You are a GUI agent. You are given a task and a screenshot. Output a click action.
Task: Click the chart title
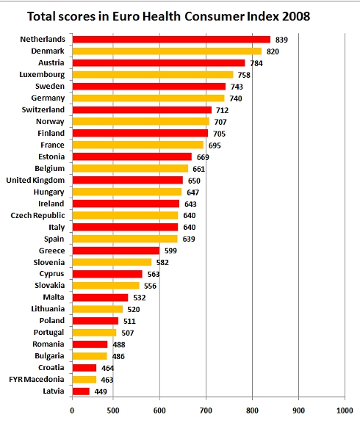[168, 16]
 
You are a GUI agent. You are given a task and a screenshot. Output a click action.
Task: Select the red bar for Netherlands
[171, 40]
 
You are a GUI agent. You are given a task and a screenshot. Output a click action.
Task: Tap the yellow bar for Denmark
[167, 51]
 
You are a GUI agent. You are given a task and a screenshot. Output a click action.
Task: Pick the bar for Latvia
[81, 391]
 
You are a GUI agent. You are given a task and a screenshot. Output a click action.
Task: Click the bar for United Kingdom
[128, 180]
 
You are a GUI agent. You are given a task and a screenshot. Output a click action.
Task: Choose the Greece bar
[116, 250]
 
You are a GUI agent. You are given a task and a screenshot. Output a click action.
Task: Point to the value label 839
[281, 40]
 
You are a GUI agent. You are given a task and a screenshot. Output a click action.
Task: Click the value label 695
[215, 145]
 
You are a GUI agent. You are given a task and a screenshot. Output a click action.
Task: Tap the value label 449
[101, 391]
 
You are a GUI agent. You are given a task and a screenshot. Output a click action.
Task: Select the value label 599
[170, 251]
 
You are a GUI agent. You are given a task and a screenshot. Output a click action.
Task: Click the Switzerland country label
[43, 110]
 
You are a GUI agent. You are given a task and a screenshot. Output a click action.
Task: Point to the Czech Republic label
[37, 216]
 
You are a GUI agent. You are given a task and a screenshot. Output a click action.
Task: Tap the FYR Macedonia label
[37, 379]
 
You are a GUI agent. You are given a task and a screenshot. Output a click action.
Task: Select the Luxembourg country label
[42, 75]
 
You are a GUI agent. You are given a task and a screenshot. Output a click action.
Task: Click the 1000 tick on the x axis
[345, 411]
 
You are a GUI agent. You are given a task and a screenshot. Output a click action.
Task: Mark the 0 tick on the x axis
[72, 411]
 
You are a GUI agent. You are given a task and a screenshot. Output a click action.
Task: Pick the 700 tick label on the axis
[206, 411]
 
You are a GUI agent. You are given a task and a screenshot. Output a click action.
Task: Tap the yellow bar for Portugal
[95, 333]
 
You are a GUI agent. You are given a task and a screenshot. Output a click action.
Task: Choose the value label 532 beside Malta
[140, 298]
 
